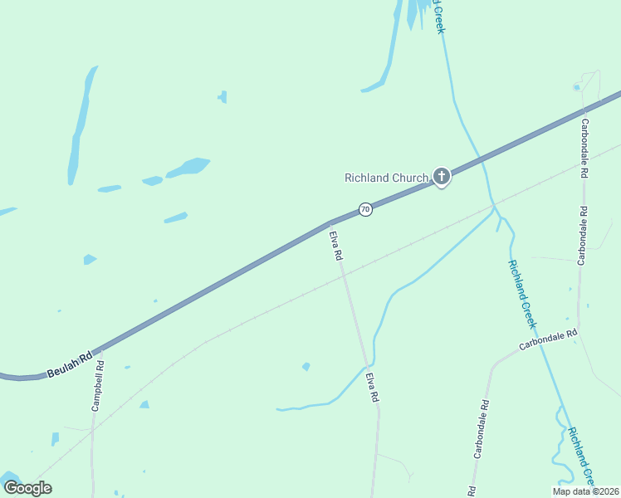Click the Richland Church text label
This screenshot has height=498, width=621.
[386, 177]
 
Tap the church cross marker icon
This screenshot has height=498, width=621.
[442, 176]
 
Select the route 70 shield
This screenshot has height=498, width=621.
[365, 210]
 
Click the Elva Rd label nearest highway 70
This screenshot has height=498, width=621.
[336, 246]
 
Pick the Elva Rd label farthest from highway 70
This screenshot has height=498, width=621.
[372, 388]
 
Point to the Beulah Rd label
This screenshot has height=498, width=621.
[68, 364]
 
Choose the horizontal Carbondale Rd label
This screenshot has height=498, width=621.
[548, 339]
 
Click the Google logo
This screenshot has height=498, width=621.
[27, 487]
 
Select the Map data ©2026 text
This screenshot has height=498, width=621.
[585, 491]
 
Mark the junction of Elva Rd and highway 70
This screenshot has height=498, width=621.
[330, 222]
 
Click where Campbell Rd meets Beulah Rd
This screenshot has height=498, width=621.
[101, 349]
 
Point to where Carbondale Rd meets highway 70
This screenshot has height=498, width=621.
[584, 108]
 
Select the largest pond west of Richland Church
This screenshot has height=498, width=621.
[188, 166]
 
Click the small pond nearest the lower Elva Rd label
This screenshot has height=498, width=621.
[306, 366]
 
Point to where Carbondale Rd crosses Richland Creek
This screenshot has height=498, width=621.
[541, 343]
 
